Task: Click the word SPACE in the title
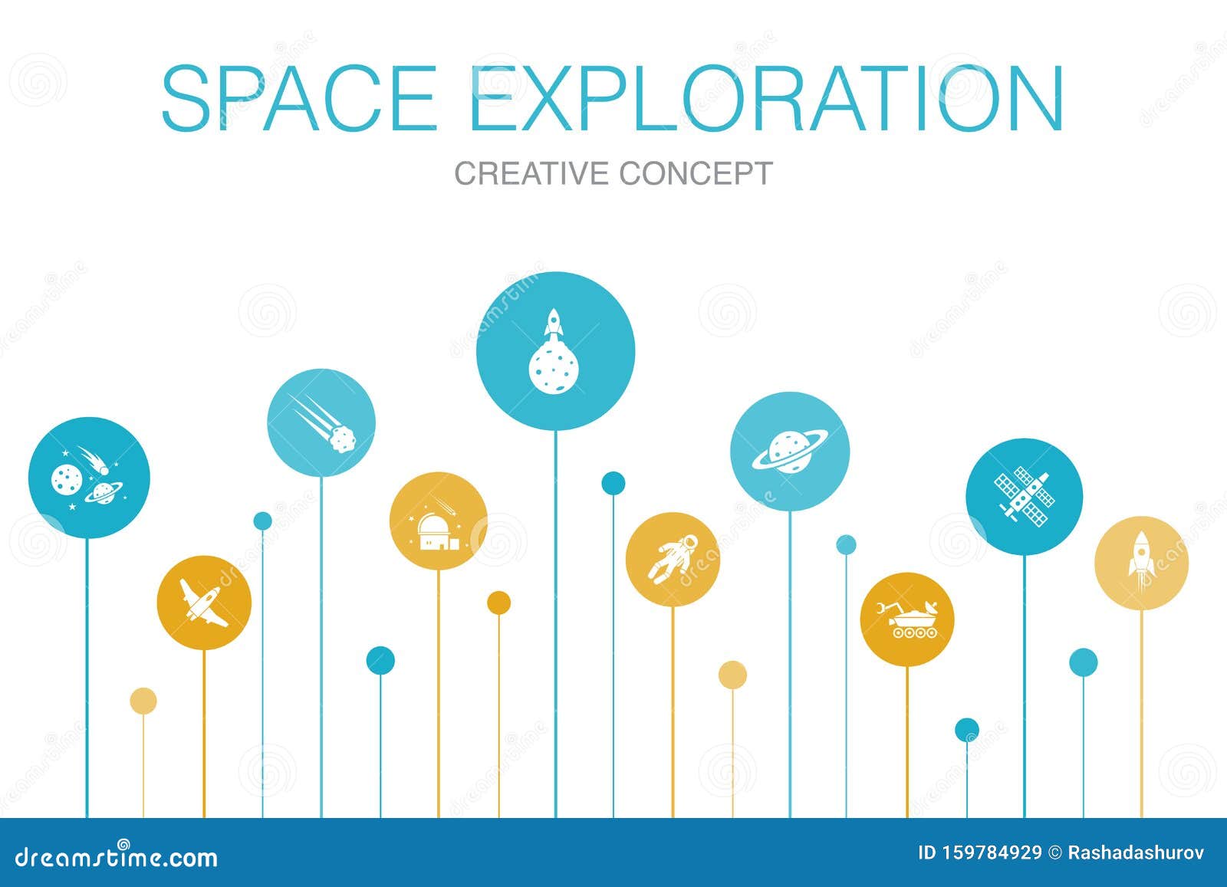coord(299,100)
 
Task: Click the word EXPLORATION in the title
coord(767,100)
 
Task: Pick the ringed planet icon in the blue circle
coord(790,452)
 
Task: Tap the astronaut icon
coord(673,560)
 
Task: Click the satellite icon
coord(1024,496)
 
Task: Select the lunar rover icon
coord(907,619)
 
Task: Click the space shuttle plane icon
coord(204,603)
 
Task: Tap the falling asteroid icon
coord(321,422)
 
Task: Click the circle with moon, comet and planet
coord(88,478)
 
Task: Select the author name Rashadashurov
coord(1137,853)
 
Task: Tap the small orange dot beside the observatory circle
coord(498,603)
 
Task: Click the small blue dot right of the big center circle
coord(613,483)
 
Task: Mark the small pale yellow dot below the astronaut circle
coord(732,675)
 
